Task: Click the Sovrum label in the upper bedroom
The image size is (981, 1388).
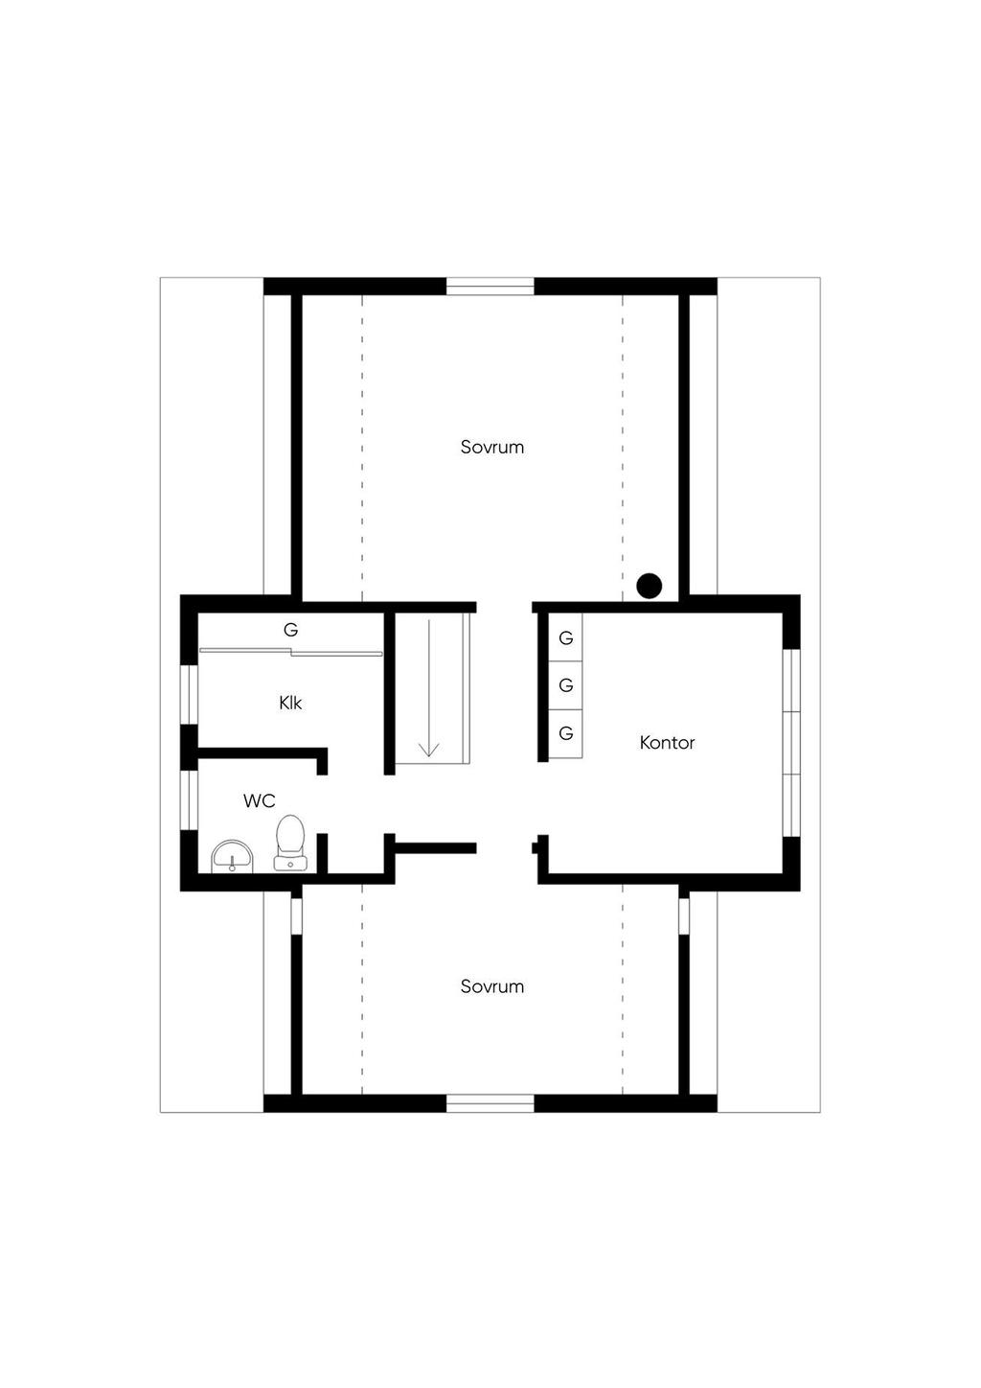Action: coord(491,448)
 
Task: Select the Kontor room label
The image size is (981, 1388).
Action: coord(667,742)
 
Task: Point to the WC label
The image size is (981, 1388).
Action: coord(260,801)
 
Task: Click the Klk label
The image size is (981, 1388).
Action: coord(290,703)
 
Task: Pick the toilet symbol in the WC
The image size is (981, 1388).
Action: coord(290,844)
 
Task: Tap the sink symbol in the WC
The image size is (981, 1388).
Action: coord(232,858)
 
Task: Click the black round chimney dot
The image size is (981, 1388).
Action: coord(650,586)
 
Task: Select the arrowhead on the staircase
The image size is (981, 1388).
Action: coord(428,750)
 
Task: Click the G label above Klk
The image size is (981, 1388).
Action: coord(290,630)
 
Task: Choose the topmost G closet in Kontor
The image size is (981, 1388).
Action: coord(565,637)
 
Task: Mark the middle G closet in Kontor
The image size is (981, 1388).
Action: coord(565,685)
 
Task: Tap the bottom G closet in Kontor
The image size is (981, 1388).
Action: coord(565,733)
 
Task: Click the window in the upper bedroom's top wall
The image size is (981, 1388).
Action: coord(490,287)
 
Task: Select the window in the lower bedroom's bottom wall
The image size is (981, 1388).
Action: coord(490,1103)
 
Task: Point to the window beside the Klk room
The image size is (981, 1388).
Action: coord(189,694)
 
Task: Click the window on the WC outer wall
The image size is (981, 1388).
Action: coord(189,800)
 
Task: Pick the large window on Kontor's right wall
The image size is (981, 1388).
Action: coord(791,742)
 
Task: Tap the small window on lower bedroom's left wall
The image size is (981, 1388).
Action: coord(296,914)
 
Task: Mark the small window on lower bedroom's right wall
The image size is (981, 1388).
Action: coord(684,914)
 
